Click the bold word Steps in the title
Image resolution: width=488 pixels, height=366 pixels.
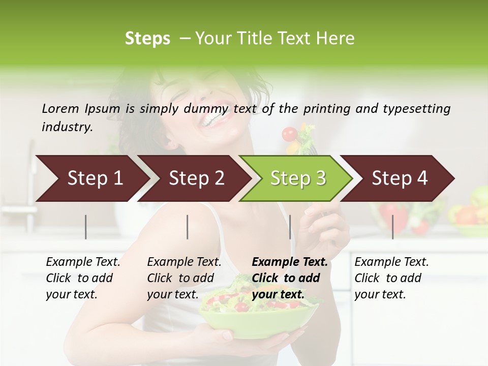tap(147, 39)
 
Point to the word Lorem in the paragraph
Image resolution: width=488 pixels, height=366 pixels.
tap(60, 108)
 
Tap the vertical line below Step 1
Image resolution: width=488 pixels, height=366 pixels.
tap(86, 227)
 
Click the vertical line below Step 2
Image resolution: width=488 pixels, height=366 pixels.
tap(188, 227)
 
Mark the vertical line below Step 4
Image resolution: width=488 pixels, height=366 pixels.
tap(392, 227)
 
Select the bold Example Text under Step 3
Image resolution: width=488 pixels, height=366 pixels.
tap(290, 262)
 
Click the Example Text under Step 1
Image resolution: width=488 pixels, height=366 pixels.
tap(83, 262)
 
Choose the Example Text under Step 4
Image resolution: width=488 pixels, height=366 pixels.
tap(391, 262)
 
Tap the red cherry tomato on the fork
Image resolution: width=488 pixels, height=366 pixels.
tap(289, 134)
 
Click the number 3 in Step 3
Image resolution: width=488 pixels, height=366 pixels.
tap(321, 178)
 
